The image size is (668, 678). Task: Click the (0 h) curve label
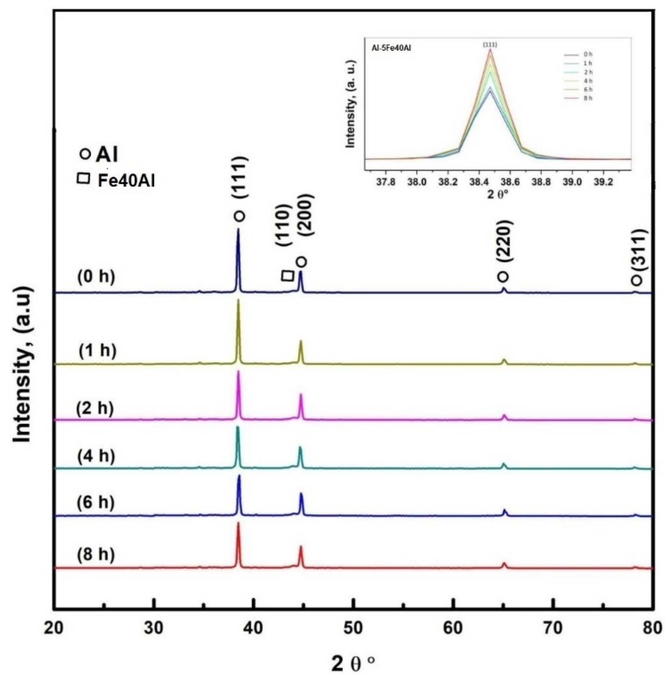click(x=96, y=277)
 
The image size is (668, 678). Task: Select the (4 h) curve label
click(x=96, y=457)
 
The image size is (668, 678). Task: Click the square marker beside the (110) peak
click(x=288, y=275)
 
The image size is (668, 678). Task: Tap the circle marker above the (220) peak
click(x=503, y=276)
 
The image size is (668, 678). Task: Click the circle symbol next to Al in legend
click(x=86, y=154)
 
